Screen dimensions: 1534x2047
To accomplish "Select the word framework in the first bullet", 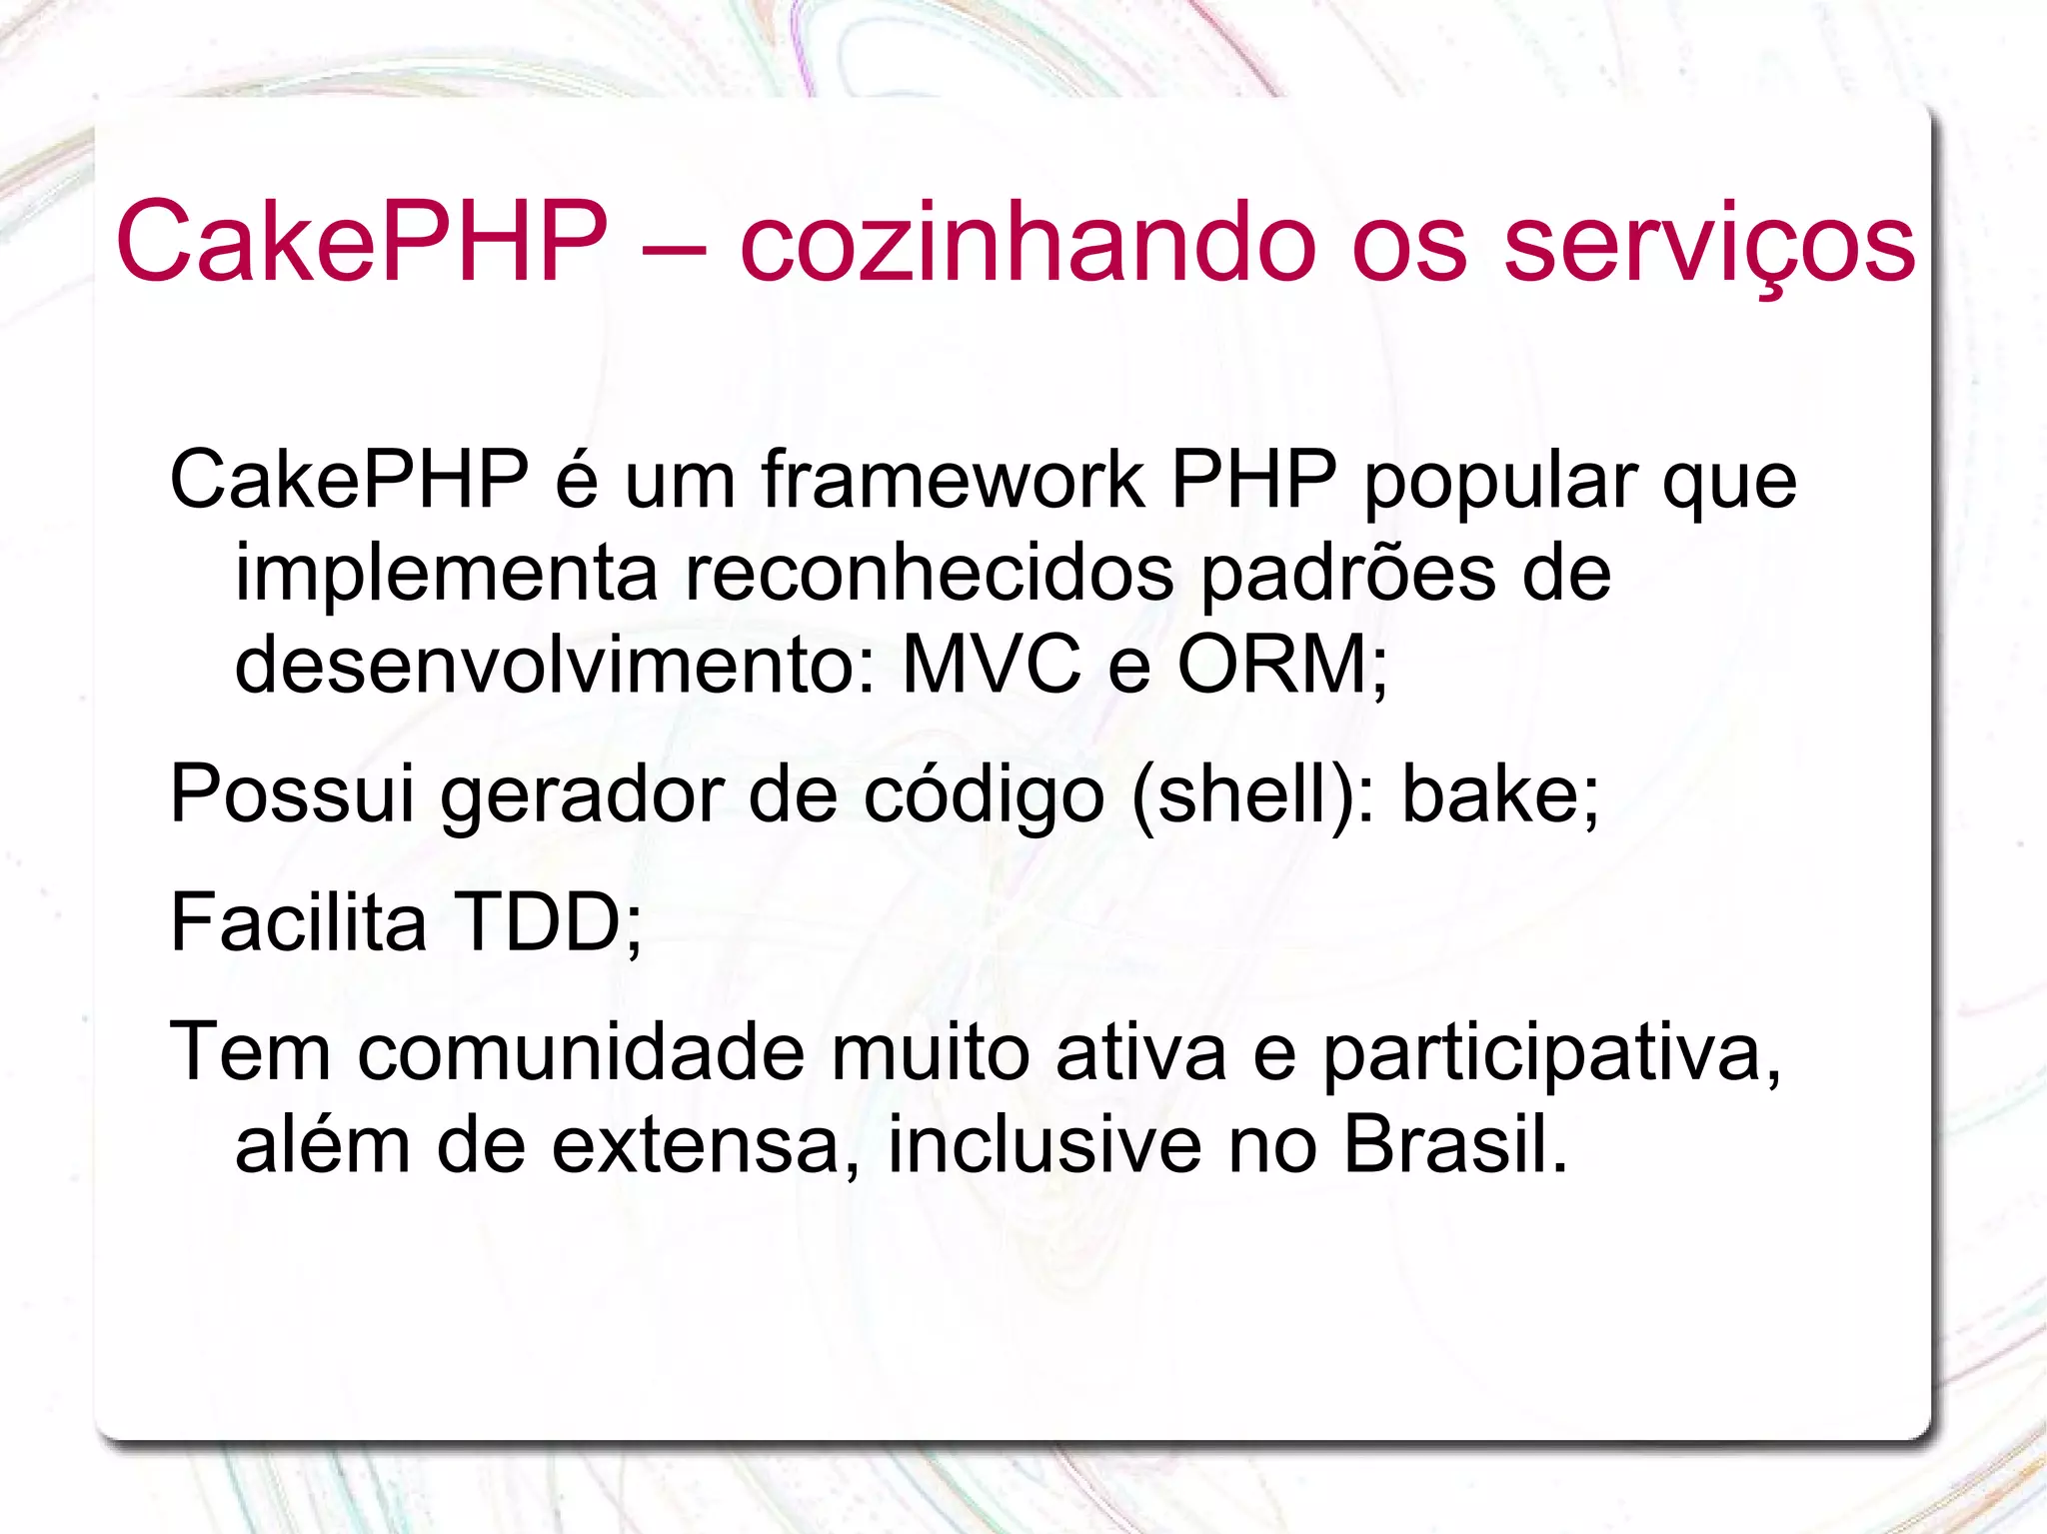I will pos(953,480).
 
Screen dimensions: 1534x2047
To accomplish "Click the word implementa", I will pos(446,576).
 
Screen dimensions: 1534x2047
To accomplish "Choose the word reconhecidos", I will pos(929,574).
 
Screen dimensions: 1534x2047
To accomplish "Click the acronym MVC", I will pos(991,665).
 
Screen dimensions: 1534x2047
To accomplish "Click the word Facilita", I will pos(298,922).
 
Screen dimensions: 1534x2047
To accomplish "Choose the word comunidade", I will pos(581,1052).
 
